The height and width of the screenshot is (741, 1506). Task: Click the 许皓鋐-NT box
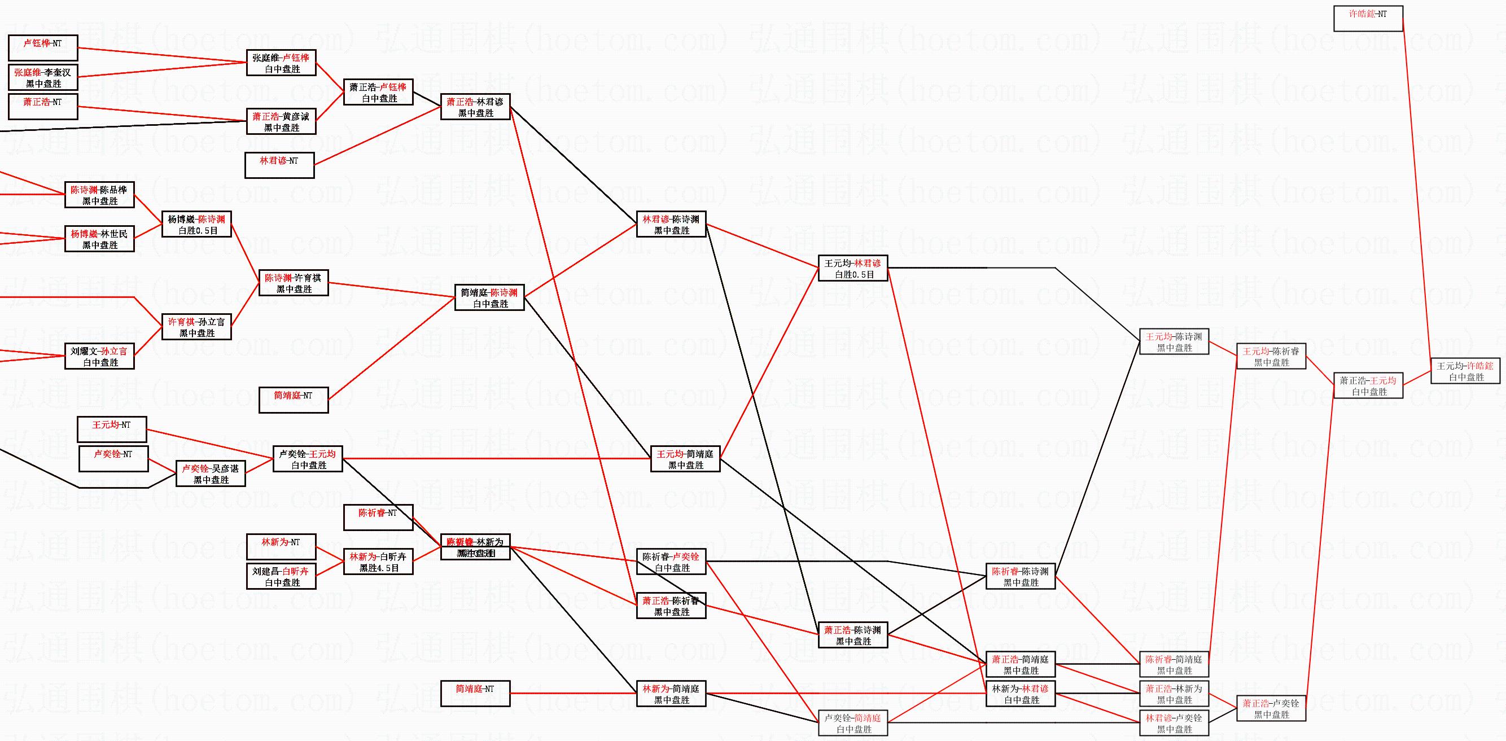click(1368, 18)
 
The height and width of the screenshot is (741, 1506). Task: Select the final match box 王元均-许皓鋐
click(1465, 371)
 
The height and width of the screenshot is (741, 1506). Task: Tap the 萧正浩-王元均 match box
click(1368, 385)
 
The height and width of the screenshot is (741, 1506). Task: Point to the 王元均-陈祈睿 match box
click(1271, 357)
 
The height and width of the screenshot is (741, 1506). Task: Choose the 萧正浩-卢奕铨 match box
click(1271, 708)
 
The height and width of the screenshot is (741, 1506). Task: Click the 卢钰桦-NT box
click(43, 47)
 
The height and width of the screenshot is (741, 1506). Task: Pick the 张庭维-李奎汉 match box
click(43, 77)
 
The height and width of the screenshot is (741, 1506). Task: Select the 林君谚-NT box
click(279, 165)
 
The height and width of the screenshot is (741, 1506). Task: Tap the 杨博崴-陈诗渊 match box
click(196, 225)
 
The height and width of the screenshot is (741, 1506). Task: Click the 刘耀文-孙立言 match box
click(99, 356)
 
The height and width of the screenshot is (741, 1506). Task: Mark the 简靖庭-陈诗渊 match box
click(489, 297)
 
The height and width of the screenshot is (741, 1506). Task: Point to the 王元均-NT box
click(112, 429)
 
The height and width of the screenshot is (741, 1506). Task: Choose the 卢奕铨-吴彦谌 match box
click(211, 473)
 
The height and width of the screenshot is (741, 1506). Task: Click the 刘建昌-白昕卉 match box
click(281, 576)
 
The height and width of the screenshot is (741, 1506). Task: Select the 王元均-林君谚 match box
click(852, 268)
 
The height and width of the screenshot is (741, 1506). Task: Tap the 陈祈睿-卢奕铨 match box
click(671, 562)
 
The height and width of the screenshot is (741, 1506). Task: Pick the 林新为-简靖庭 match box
click(671, 694)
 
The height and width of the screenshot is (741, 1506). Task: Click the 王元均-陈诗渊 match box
click(1174, 342)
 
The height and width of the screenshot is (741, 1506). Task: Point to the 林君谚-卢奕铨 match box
click(1174, 723)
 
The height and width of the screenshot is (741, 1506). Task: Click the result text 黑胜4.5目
click(379, 567)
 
